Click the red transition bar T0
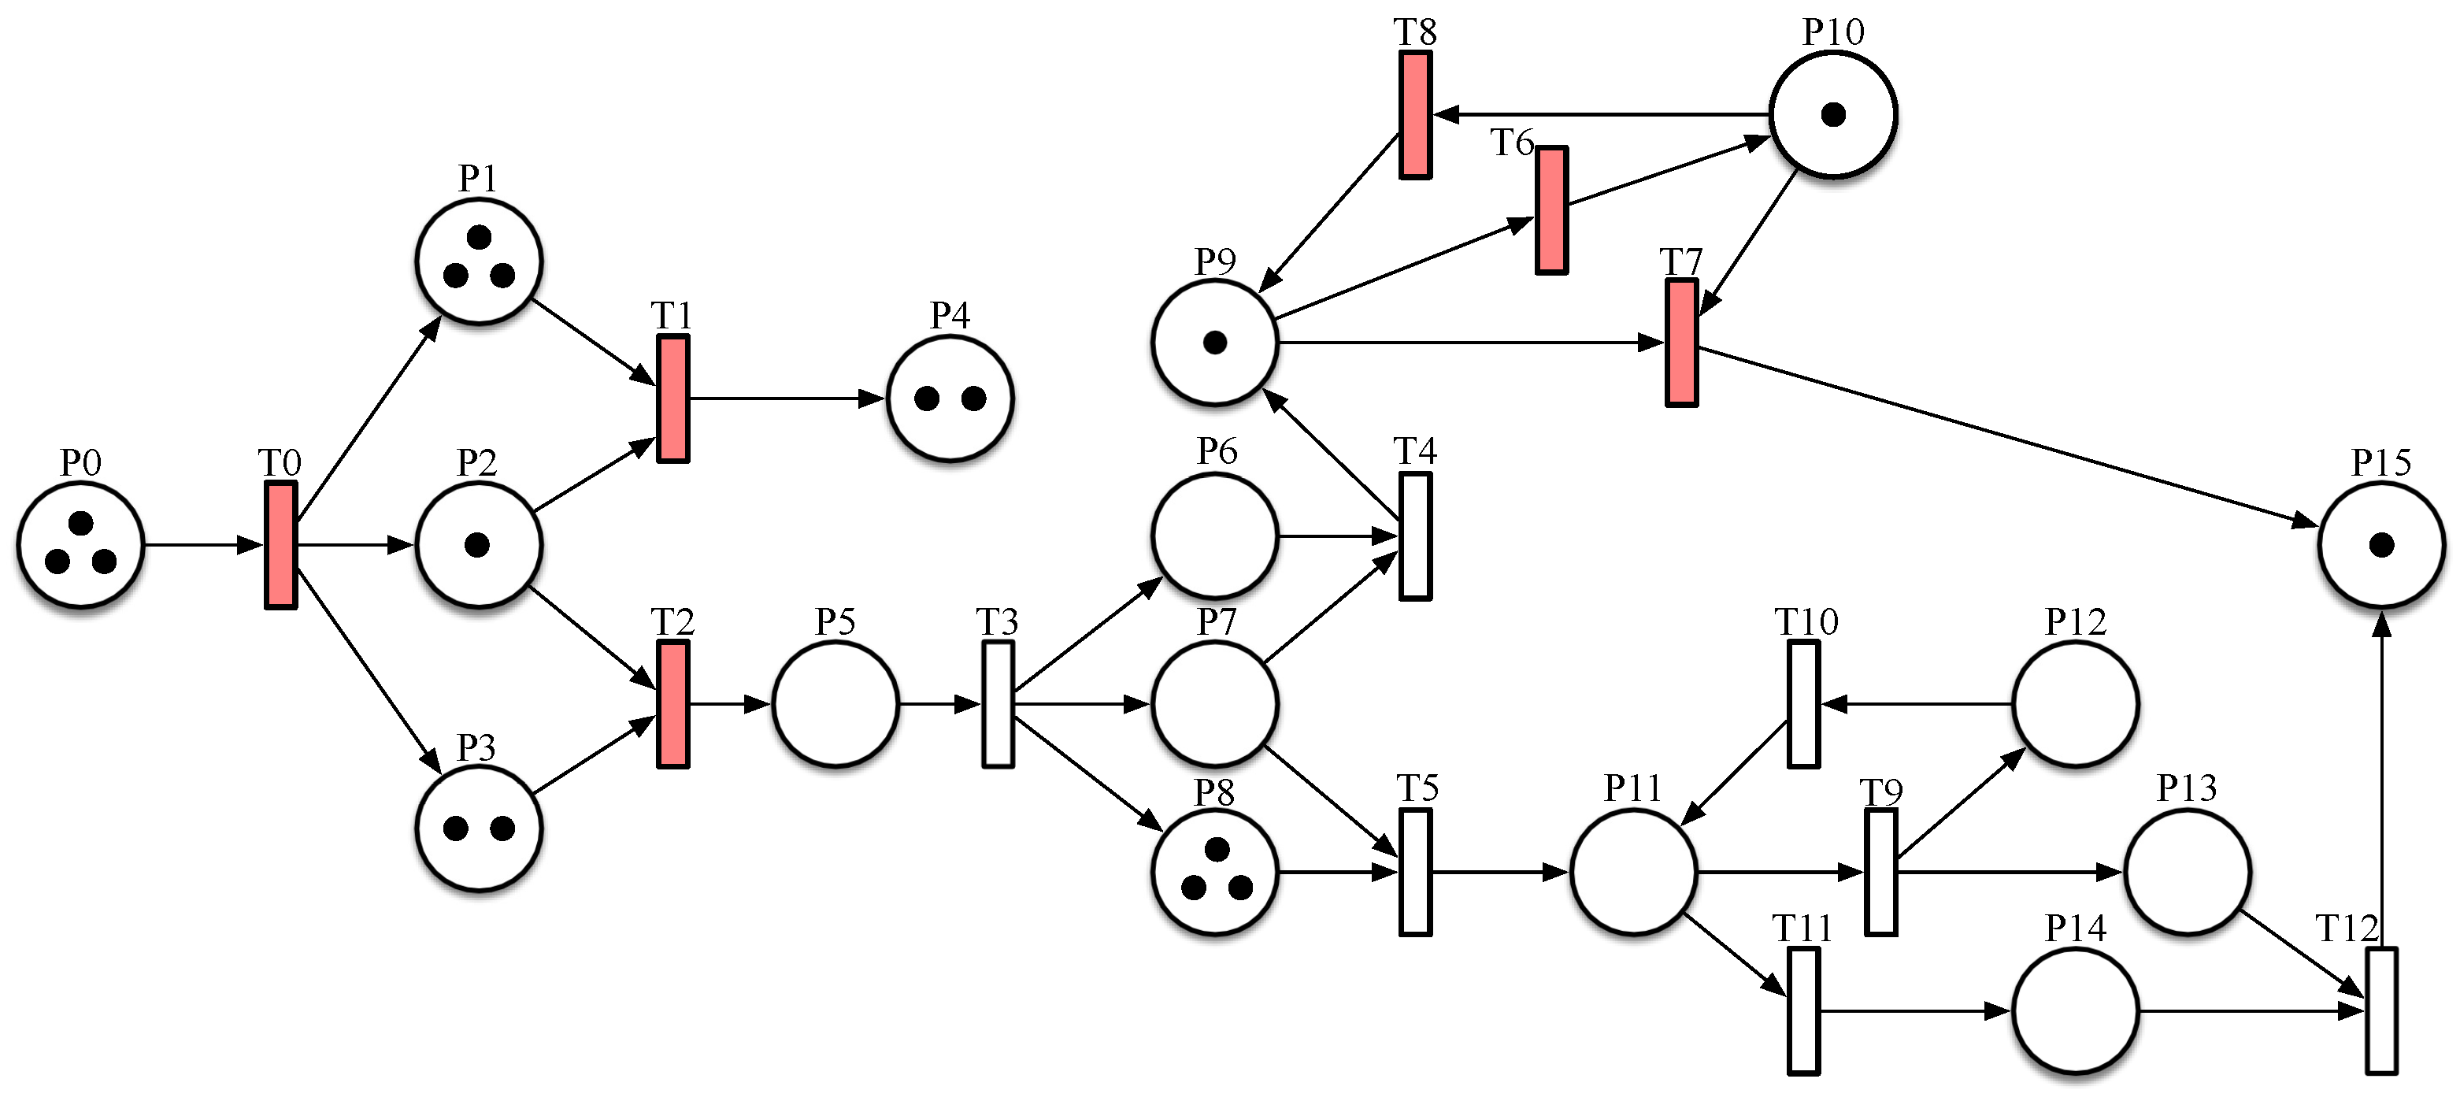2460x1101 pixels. [281, 545]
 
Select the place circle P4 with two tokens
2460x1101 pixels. [950, 399]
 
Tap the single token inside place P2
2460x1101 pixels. [476, 545]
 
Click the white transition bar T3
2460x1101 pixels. [998, 705]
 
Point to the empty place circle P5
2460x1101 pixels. [835, 705]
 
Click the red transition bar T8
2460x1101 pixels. [1415, 114]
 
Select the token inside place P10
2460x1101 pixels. [1833, 114]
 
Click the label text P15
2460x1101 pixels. [2380, 462]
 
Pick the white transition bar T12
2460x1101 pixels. [2382, 1010]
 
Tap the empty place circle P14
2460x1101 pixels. [2075, 1010]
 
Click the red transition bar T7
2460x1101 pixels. [1682, 342]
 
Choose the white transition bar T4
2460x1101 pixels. [1415, 536]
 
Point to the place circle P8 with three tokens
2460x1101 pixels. [1215, 872]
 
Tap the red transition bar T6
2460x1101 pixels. [1552, 210]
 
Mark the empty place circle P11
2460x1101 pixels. [1633, 872]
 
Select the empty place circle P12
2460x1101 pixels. [2075, 705]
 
